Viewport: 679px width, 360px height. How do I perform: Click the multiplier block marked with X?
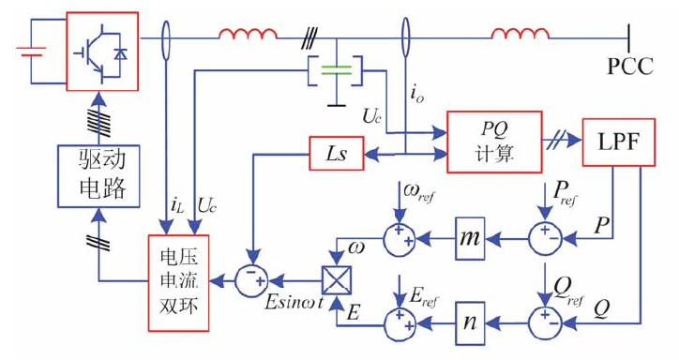click(x=334, y=279)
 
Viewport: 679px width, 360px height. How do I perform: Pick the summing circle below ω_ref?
click(x=401, y=239)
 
